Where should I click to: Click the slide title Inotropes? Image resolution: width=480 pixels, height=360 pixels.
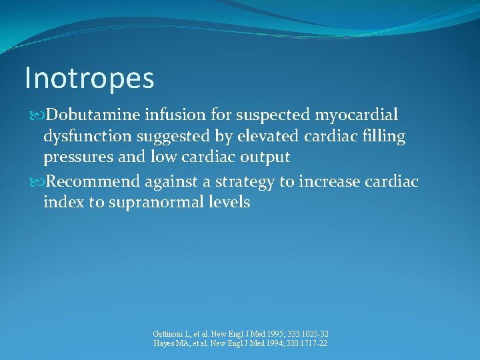89,78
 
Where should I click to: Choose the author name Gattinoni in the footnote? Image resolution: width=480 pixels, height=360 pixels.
169,334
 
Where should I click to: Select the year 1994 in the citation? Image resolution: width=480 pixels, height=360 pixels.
270,343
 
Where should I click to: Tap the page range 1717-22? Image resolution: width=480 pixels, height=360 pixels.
313,343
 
